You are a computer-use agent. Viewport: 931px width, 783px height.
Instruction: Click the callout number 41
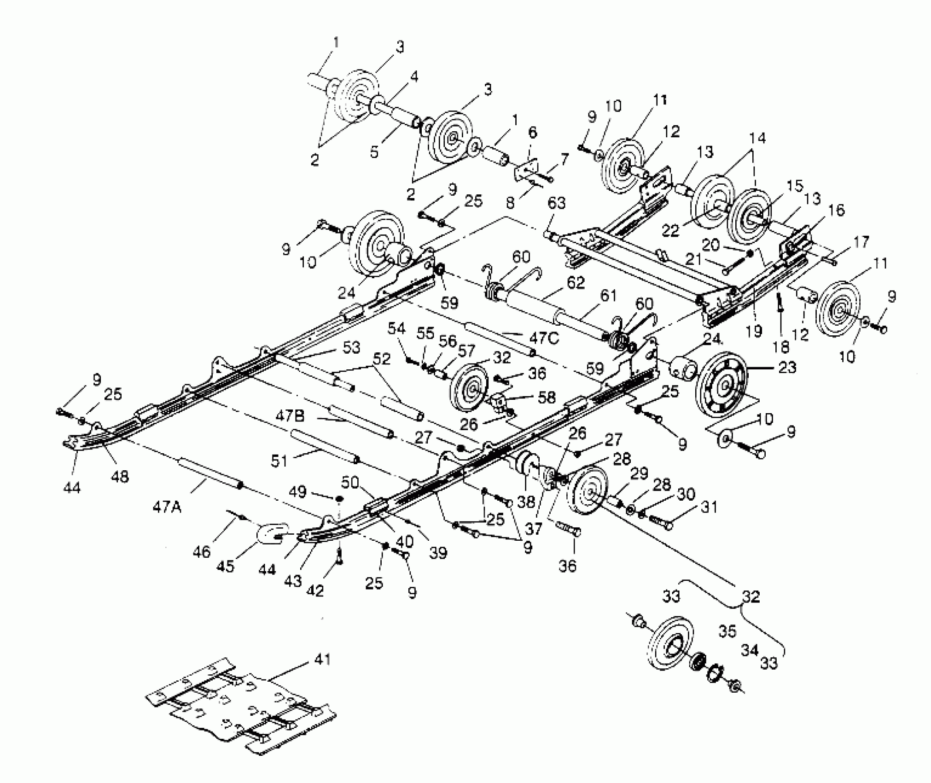point(322,660)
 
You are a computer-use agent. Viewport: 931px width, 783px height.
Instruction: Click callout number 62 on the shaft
point(576,282)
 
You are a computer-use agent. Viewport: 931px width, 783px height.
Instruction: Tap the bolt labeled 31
point(661,521)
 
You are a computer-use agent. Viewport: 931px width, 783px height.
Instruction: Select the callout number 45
point(225,566)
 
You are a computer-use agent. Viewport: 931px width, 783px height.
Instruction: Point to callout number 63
point(556,203)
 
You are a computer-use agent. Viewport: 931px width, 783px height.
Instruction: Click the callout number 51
point(279,460)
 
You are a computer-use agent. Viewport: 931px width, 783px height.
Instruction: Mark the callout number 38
point(526,501)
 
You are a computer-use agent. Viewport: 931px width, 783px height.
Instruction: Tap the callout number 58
point(547,397)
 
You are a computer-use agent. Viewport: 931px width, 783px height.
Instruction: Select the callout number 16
point(837,210)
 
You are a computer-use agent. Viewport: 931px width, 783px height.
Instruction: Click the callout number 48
point(120,476)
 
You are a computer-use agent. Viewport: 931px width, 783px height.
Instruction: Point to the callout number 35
point(727,631)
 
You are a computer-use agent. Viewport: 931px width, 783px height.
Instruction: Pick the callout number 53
point(351,347)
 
